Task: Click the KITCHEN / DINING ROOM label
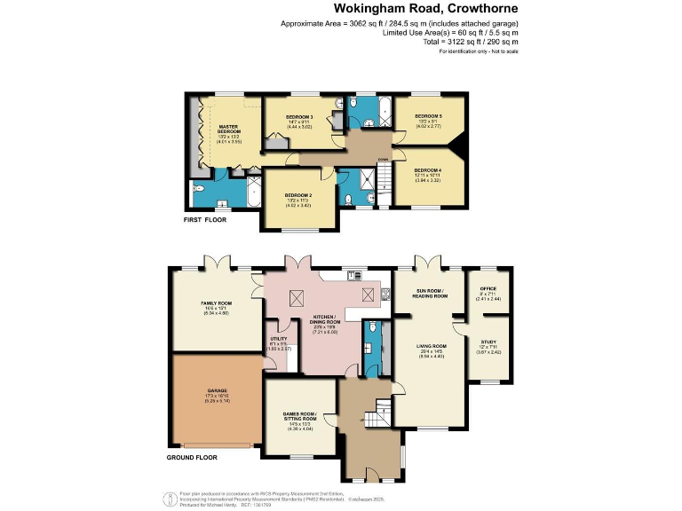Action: coord(328,319)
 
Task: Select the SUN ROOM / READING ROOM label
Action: coord(432,294)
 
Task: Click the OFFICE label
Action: coord(489,289)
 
